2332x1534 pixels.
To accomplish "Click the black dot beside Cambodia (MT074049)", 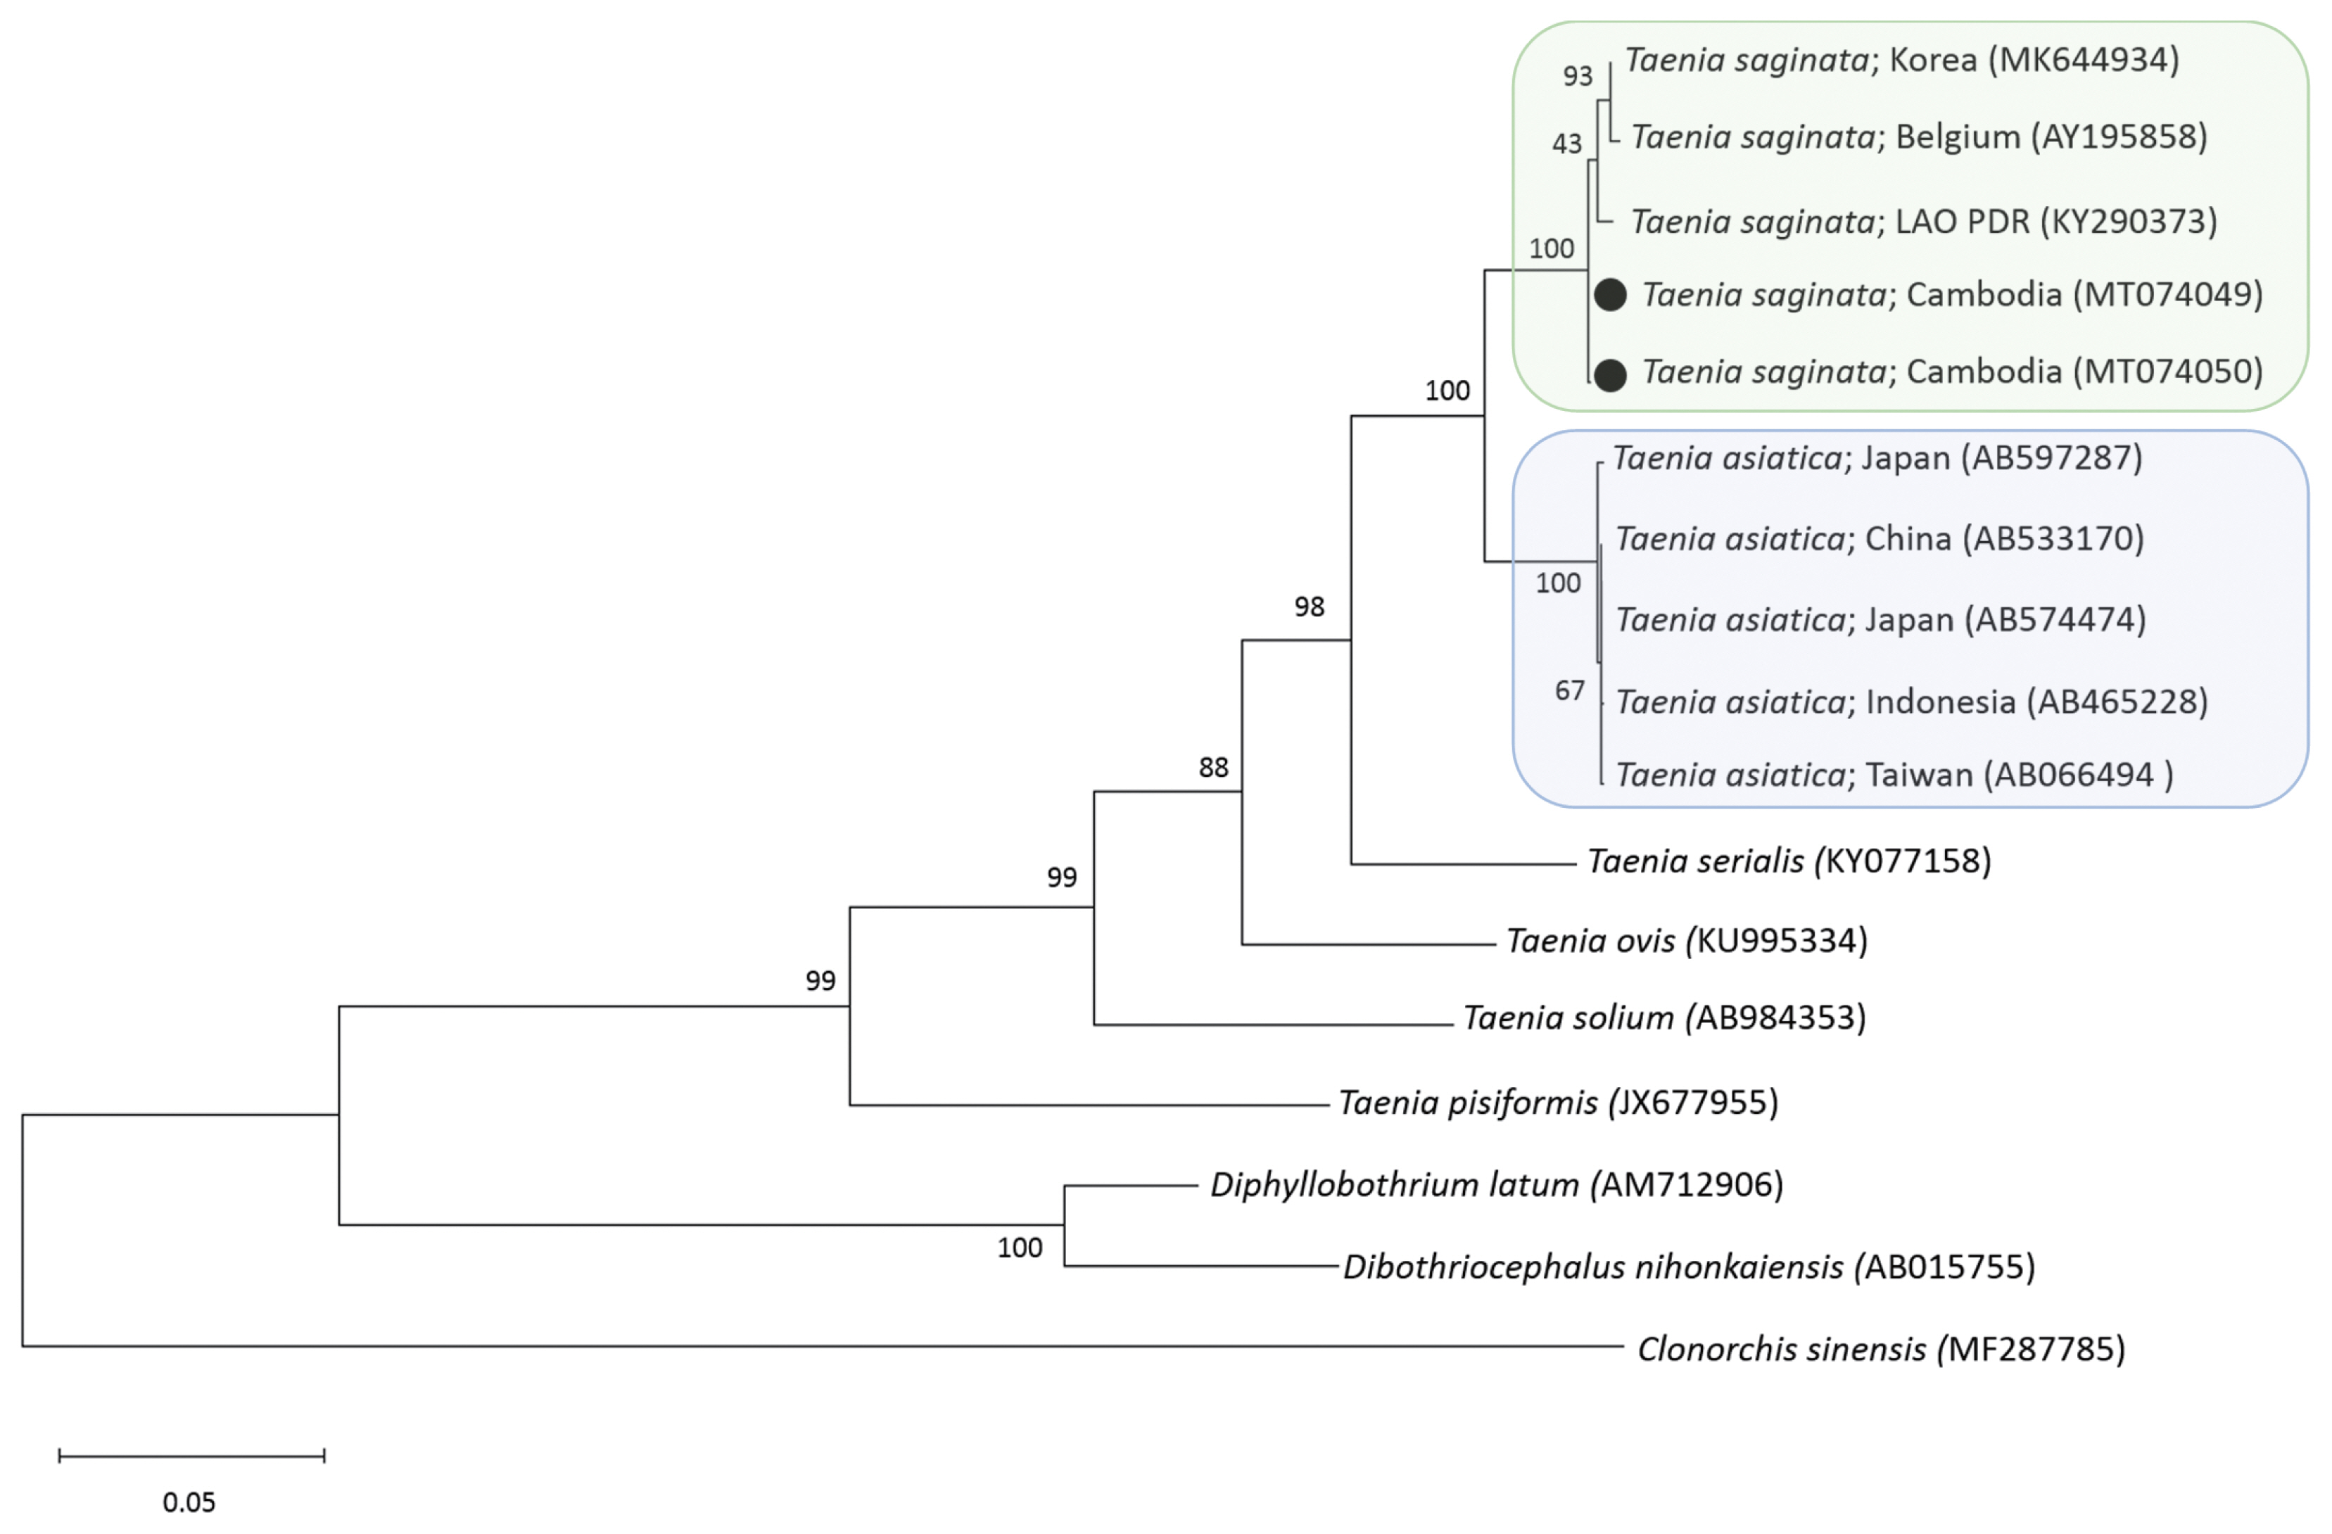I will pos(1610,295).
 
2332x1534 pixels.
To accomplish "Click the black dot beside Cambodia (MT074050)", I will pos(1610,374).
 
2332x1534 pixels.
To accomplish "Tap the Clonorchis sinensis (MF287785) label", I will pos(1880,1349).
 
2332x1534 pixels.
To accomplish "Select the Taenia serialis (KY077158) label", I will pos(1788,861).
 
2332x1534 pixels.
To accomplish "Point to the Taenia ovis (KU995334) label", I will pos(1686,940).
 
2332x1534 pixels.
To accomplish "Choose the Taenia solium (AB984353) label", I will pos(1664,1018).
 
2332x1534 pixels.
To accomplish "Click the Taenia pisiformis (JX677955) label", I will pos(1558,1102).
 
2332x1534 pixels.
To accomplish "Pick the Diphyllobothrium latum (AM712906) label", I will pos(1496,1184).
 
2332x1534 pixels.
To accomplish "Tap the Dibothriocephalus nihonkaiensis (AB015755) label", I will pos(1688,1267).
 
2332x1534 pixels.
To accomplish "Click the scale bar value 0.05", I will pos(189,1502).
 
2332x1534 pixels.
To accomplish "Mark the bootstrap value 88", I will pos(1213,767).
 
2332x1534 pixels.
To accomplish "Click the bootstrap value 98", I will pos(1309,607).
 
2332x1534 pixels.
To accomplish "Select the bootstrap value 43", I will pos(1567,144).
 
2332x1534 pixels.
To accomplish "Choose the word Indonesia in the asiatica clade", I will pos(1940,702).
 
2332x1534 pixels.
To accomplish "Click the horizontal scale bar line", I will pos(191,1457).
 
